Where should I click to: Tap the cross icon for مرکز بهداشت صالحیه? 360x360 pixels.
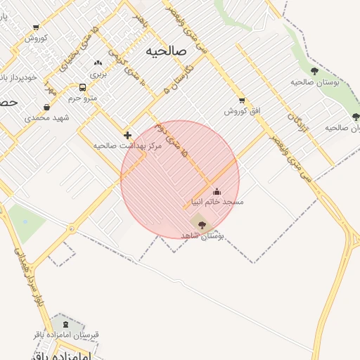click(x=127, y=135)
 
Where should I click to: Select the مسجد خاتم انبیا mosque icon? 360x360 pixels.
click(x=217, y=191)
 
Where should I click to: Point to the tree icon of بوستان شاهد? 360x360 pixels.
click(x=202, y=225)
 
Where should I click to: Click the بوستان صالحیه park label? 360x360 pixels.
click(x=315, y=82)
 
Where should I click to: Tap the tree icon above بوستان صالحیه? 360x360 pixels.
click(x=314, y=71)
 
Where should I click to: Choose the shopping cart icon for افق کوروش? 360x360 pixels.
click(x=242, y=101)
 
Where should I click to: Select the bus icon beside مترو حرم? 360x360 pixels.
click(x=83, y=88)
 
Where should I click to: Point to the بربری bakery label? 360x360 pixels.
click(x=97, y=73)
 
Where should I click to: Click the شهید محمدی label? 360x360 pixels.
click(x=48, y=117)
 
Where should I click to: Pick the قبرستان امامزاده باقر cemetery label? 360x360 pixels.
click(x=66, y=335)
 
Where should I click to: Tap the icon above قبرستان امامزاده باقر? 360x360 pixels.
click(x=66, y=324)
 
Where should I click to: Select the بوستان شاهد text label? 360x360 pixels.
click(x=202, y=236)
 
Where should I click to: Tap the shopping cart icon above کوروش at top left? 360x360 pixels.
click(x=36, y=28)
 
